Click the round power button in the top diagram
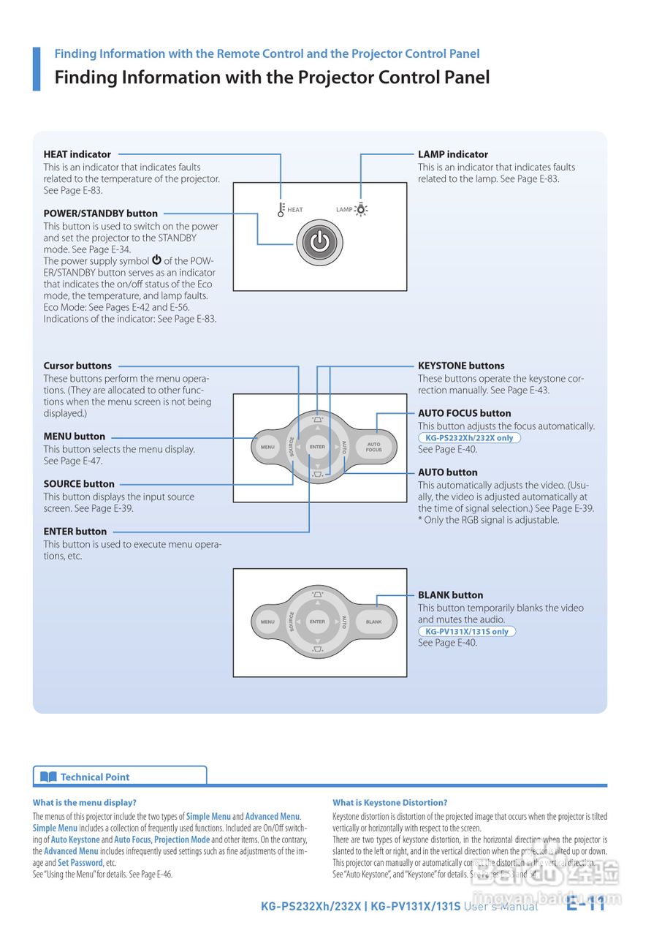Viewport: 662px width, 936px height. [x=319, y=241]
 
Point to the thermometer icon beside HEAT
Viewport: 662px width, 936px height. [x=281, y=210]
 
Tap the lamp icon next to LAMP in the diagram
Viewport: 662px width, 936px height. [x=361, y=210]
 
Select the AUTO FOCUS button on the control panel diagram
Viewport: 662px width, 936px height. [x=373, y=446]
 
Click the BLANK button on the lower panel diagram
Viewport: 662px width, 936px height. [x=373, y=622]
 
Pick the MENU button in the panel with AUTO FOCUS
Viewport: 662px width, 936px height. [x=267, y=446]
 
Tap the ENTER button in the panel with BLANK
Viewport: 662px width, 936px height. [x=317, y=622]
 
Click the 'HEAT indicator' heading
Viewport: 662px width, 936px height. [x=77, y=154]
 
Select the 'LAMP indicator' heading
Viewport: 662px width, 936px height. [x=453, y=154]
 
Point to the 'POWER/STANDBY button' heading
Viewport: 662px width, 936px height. [x=101, y=214]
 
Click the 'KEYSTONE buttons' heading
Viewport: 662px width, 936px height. [x=461, y=366]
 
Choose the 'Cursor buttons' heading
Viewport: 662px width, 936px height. [x=77, y=366]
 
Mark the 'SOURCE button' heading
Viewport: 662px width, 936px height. [x=79, y=484]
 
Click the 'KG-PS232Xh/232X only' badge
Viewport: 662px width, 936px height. [x=469, y=438]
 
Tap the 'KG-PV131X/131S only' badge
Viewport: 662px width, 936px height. [x=467, y=632]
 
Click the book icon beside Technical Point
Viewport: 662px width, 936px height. [x=48, y=777]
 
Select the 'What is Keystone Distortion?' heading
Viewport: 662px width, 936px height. [x=390, y=802]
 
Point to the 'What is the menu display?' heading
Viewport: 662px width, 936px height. [x=85, y=802]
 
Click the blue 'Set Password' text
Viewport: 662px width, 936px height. [x=80, y=863]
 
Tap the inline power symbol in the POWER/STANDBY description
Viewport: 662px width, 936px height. [x=156, y=260]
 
